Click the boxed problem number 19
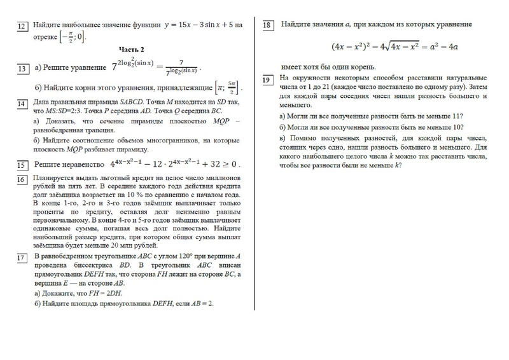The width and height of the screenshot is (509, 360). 268,80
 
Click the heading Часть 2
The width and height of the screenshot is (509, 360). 132,50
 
